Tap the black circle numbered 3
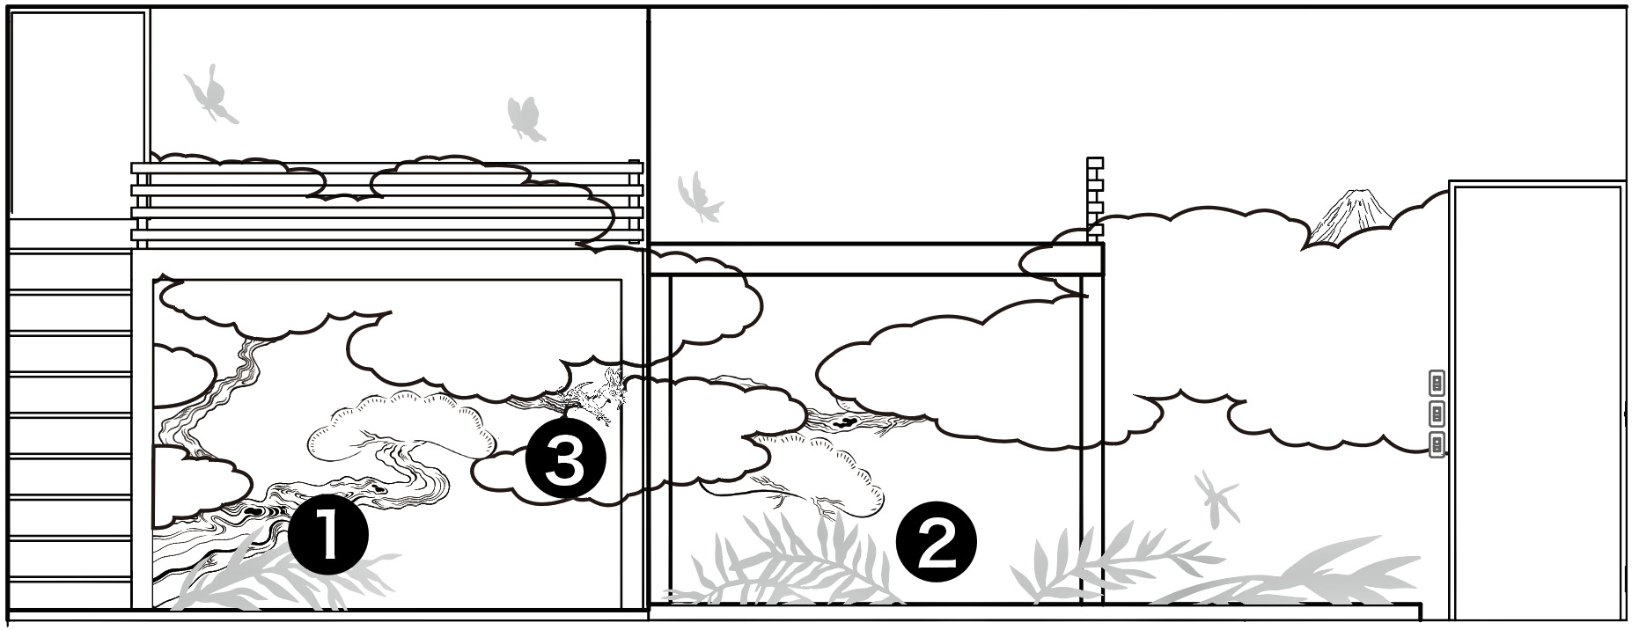[x=565, y=461]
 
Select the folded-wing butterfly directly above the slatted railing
[x=526, y=119]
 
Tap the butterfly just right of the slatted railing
[x=700, y=198]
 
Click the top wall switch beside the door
[x=1437, y=384]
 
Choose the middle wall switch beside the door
[x=1437, y=414]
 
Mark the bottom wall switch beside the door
[x=1437, y=444]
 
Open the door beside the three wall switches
[x=1537, y=402]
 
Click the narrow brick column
[x=1095, y=200]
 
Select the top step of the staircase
[x=70, y=271]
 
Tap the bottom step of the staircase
[x=70, y=596]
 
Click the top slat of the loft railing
[x=387, y=167]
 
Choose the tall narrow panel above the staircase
[x=77, y=114]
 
